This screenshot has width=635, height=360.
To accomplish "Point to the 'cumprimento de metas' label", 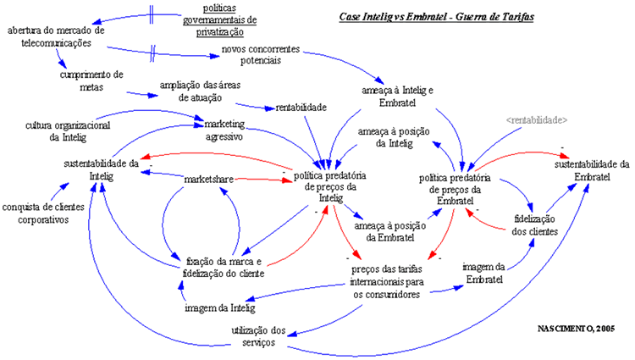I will coord(92,80).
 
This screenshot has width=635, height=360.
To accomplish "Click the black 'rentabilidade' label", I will coord(301,108).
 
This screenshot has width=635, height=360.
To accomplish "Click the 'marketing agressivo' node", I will coord(224,130).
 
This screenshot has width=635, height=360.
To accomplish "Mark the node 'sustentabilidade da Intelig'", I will coord(101,169).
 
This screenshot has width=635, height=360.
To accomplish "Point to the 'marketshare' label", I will coord(208,179).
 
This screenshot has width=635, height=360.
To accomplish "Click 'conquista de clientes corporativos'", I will coord(46,213).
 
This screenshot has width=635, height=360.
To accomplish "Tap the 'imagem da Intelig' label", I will coord(219,307).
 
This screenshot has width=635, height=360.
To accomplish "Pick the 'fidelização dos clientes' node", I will coord(535,225).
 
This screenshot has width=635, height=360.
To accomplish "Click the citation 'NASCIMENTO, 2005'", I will coord(577,327).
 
